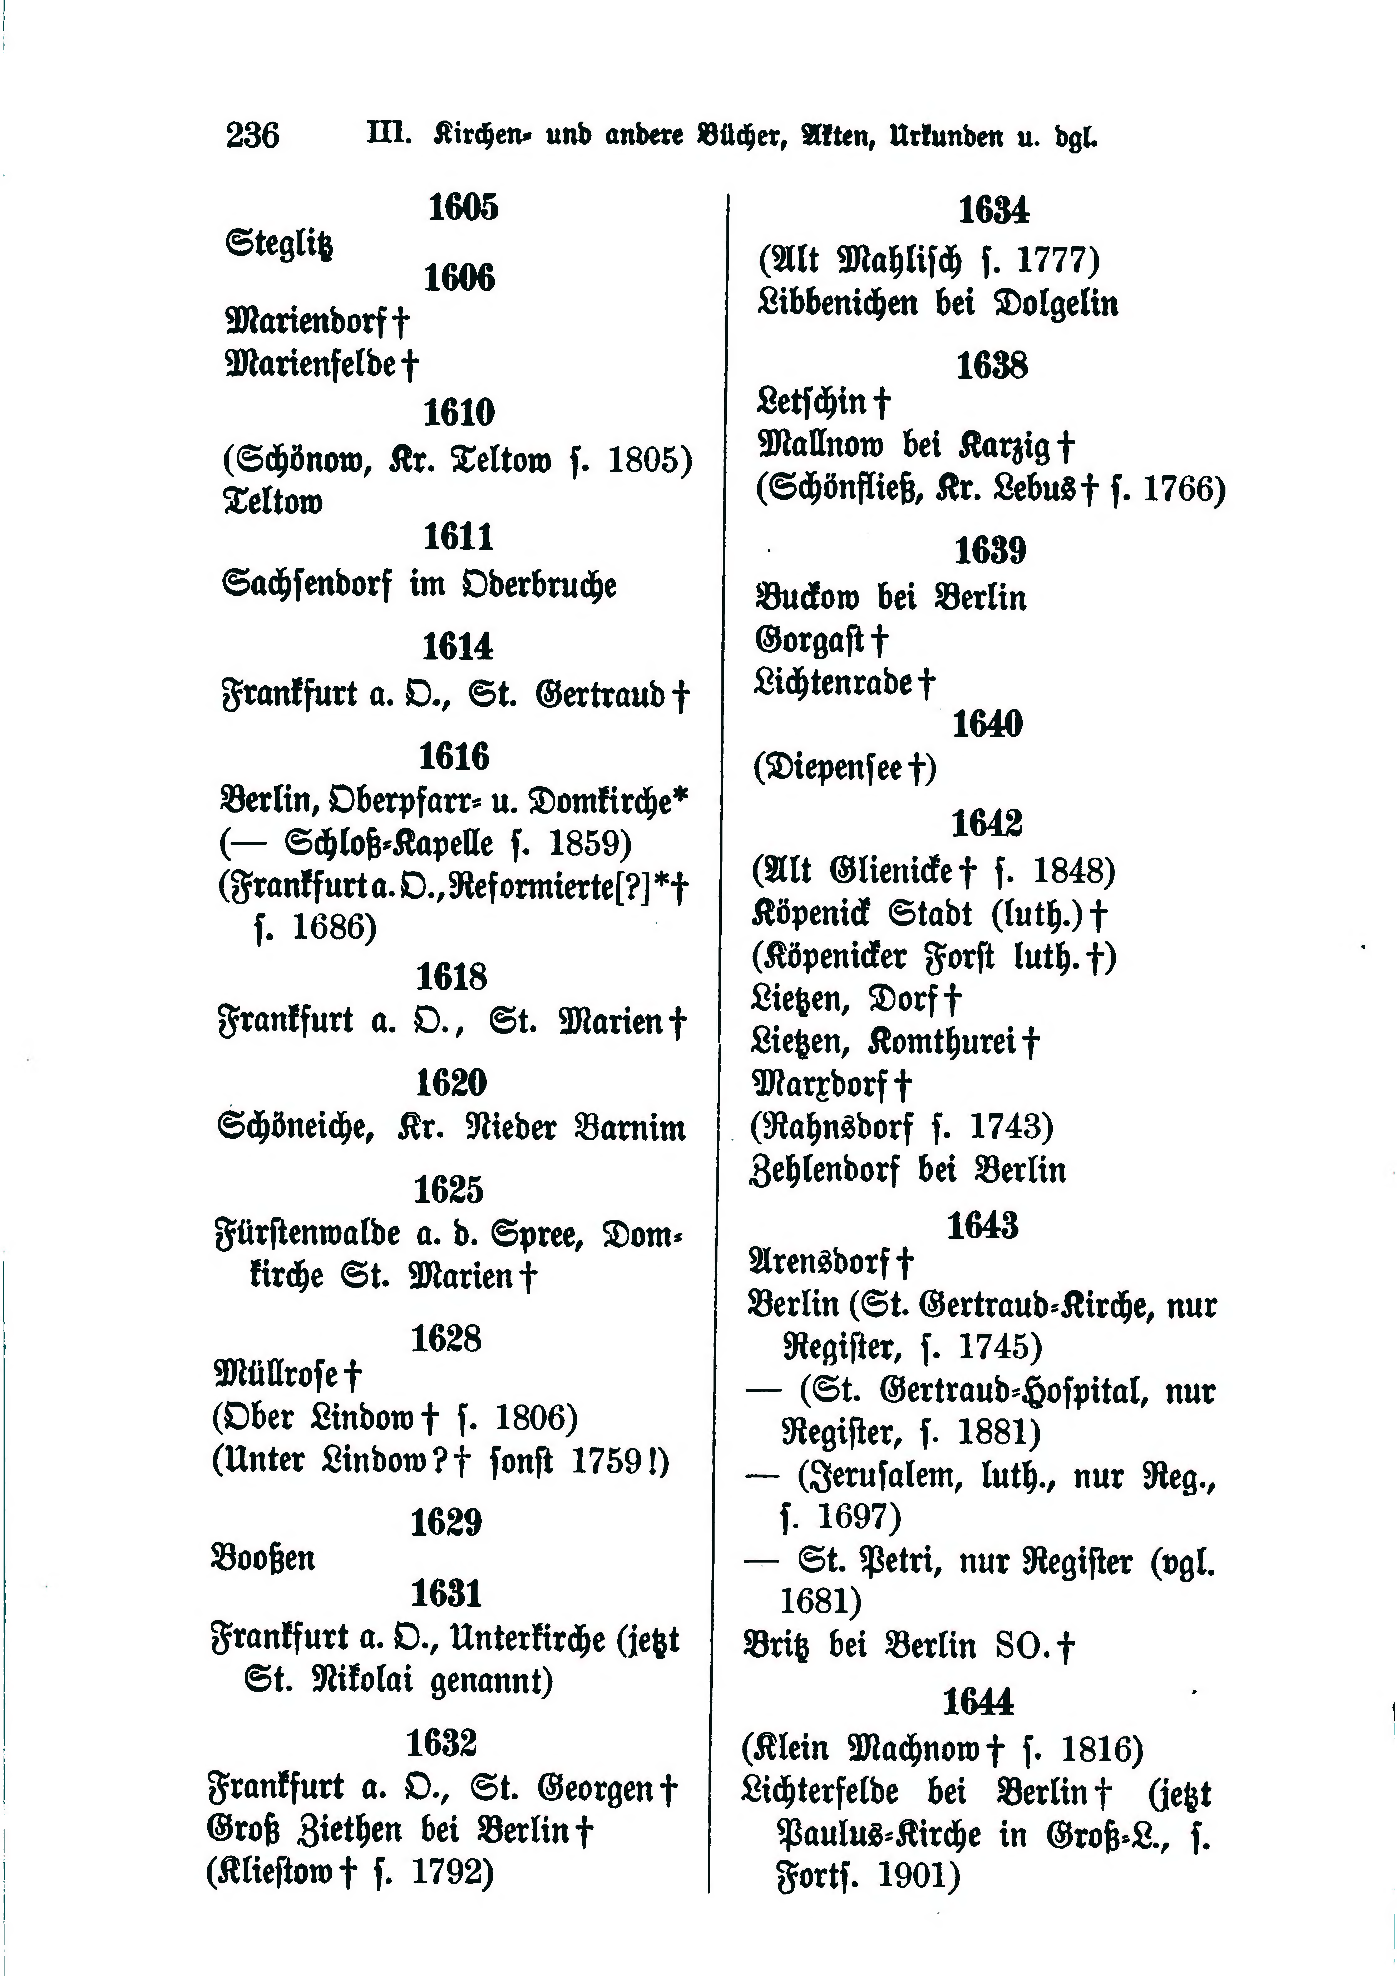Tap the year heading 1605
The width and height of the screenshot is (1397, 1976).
pos(463,207)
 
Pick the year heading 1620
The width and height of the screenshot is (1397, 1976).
pos(452,1083)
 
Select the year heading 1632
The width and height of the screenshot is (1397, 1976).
pos(441,1744)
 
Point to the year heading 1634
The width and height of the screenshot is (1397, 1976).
pos(994,210)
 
